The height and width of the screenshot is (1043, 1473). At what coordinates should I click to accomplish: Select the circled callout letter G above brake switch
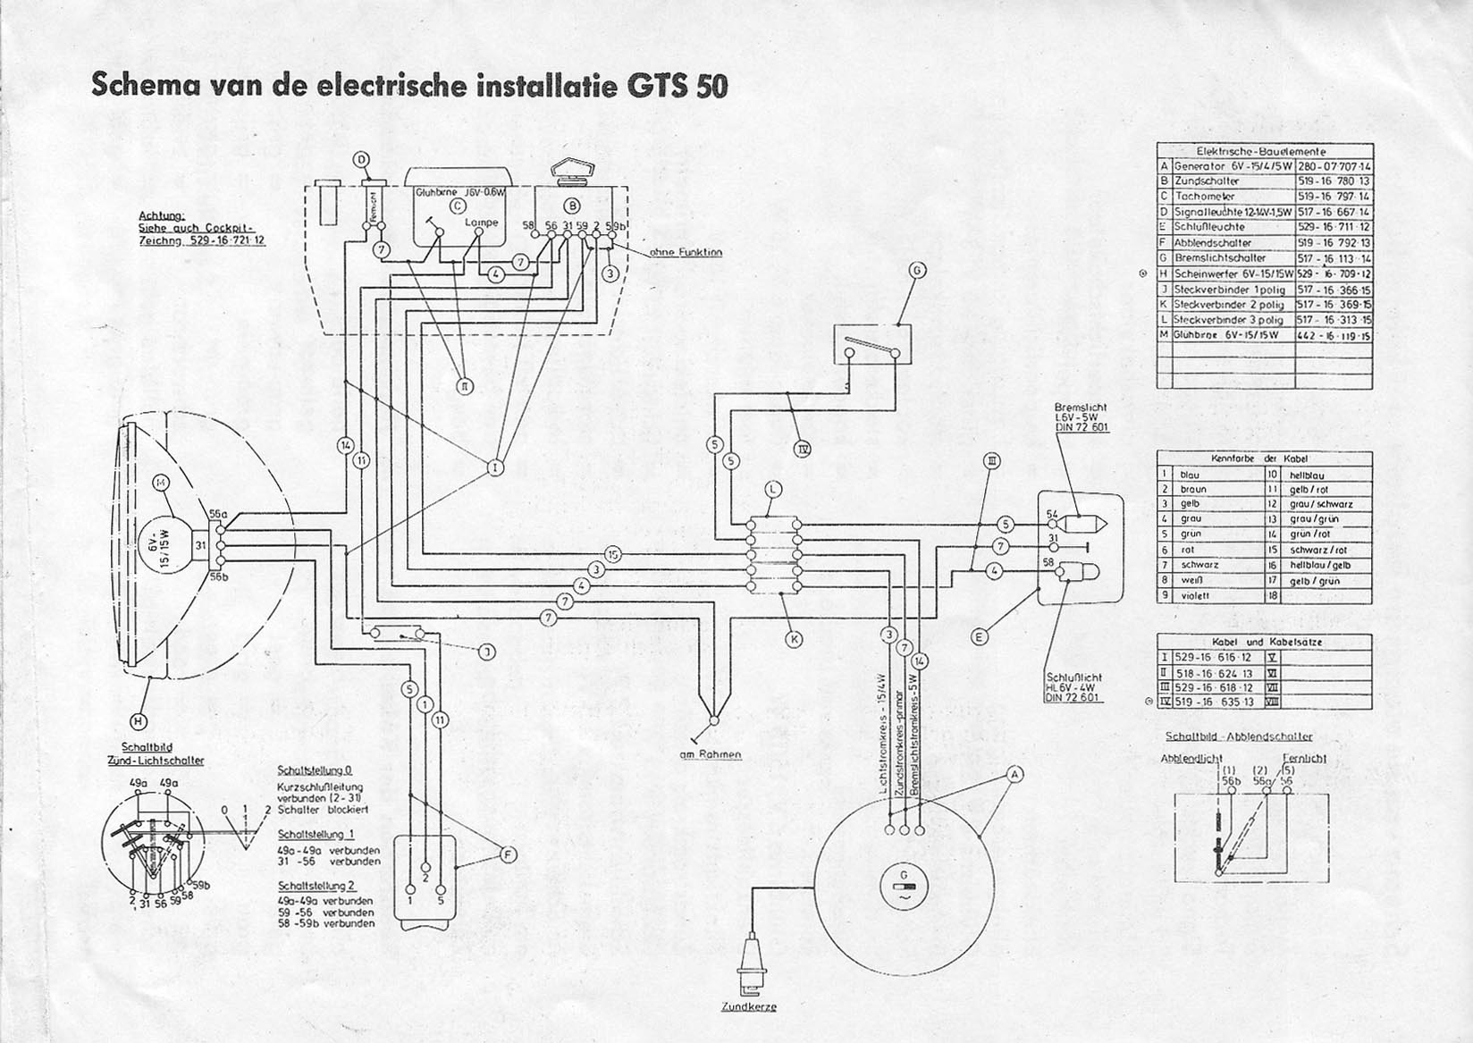(917, 270)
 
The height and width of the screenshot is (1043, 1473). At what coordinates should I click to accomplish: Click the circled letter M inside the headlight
(161, 483)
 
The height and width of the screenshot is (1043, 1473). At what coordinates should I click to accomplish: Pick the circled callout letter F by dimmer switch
(508, 855)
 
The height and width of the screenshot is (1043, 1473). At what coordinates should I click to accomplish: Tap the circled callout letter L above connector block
(773, 488)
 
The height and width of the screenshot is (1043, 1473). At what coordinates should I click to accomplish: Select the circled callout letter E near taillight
(980, 636)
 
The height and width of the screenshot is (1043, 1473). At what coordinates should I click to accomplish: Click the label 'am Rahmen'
(711, 754)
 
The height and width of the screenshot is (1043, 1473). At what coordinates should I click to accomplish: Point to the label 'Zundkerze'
(748, 1006)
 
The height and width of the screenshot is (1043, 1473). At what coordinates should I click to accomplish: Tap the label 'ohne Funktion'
(686, 252)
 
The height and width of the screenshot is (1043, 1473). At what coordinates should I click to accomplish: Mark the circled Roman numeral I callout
(493, 466)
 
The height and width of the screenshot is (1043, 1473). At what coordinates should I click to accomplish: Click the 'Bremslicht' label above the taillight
(1080, 407)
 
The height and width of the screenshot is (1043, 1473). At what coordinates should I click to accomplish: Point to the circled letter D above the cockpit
(362, 160)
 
